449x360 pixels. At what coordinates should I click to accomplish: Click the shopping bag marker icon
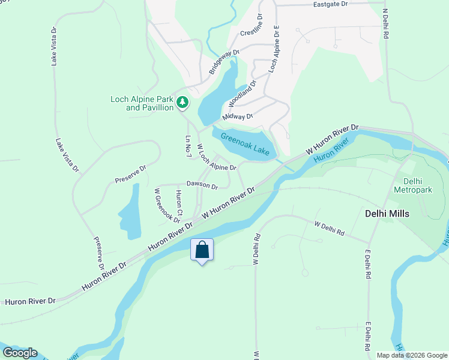202,250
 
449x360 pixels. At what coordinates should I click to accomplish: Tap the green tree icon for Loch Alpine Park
183,104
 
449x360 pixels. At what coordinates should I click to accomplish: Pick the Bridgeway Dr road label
224,62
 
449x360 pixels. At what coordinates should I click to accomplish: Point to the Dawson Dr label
202,185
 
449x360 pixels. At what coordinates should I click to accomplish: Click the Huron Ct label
179,203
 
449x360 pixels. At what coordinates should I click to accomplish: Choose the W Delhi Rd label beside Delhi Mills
330,228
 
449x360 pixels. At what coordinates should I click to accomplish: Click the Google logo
20,353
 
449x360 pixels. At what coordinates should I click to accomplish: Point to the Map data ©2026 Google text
412,355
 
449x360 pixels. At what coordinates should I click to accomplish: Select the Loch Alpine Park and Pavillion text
142,103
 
